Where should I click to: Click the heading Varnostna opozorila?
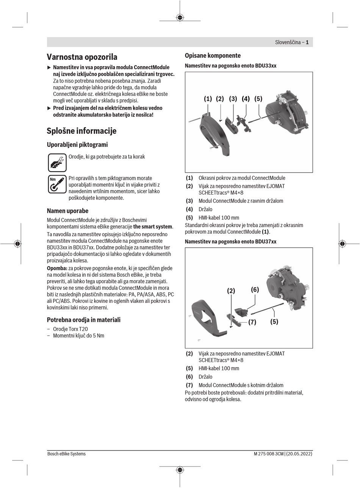click(82, 57)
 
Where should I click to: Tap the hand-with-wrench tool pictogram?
click(57, 163)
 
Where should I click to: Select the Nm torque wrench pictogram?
click(57, 184)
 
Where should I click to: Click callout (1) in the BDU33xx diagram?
click(208, 99)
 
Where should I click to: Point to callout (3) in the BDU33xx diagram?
click(233, 99)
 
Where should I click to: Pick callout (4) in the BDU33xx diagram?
click(246, 99)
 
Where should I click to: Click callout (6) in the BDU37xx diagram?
click(255, 290)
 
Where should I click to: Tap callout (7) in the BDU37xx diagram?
click(252, 322)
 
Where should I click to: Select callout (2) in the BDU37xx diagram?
click(231, 291)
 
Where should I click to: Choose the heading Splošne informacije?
click(81, 131)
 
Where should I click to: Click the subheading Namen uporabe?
click(67, 211)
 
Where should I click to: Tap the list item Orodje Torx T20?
click(70, 329)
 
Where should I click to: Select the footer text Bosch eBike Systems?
click(66, 454)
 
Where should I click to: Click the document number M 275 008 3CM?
click(269, 454)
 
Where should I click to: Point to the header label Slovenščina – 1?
click(291, 42)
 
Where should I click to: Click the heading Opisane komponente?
click(213, 56)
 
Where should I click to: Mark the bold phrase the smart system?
click(153, 227)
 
